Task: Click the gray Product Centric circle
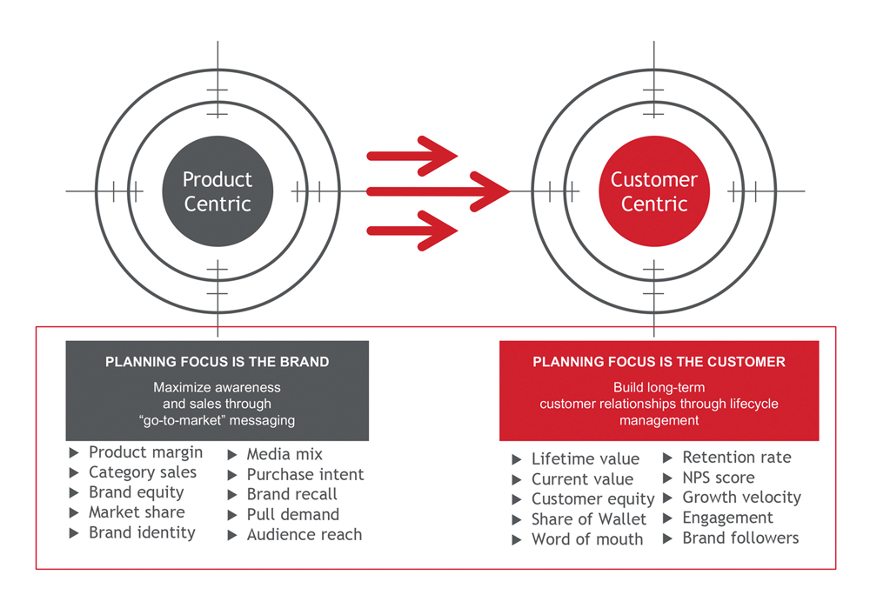tap(217, 191)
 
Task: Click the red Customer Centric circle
tap(654, 191)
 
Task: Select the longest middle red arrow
tap(438, 192)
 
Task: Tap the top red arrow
tap(412, 156)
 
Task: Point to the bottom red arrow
tap(412, 231)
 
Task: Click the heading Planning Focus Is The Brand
tap(217, 362)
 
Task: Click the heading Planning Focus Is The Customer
tap(659, 362)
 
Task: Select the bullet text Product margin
tap(145, 452)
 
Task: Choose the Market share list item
tap(137, 512)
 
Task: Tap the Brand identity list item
tap(142, 532)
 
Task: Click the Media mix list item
tap(284, 454)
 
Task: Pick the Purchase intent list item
tap(305, 475)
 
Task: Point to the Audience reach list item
tap(304, 535)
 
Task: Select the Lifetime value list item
tap(586, 459)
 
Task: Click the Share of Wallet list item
tap(589, 519)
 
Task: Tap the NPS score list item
tap(719, 478)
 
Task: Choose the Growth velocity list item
tap(742, 498)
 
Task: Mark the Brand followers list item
tap(740, 538)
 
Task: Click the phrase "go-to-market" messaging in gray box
tap(217, 420)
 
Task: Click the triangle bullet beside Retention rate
tap(668, 458)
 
